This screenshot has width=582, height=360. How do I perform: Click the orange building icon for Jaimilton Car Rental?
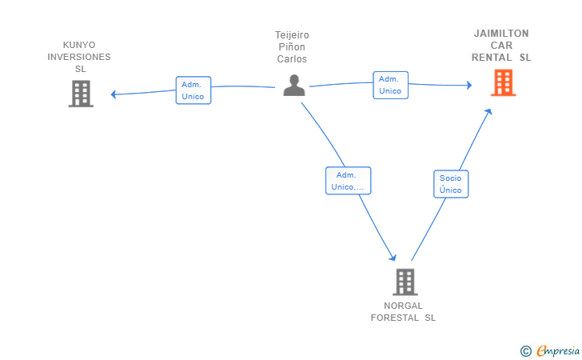click(x=504, y=82)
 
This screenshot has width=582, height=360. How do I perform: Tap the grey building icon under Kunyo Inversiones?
click(x=81, y=94)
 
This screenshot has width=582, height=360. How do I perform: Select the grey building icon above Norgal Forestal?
click(x=405, y=282)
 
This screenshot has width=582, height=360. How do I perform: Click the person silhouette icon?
click(x=294, y=86)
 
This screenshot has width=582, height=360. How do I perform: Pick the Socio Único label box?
click(x=451, y=184)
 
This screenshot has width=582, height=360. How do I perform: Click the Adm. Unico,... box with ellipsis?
click(x=349, y=181)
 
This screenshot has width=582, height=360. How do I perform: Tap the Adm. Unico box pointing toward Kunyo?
click(x=193, y=90)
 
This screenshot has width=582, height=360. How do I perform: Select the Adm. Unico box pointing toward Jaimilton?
click(x=390, y=85)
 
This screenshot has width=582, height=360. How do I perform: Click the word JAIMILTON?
click(x=501, y=34)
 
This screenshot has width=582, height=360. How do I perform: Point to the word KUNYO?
click(x=79, y=45)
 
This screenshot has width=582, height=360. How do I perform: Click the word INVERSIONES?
click(x=79, y=57)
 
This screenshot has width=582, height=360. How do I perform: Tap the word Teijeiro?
click(x=292, y=35)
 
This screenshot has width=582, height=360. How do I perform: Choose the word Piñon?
click(x=292, y=47)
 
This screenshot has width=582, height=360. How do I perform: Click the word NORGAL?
click(x=403, y=306)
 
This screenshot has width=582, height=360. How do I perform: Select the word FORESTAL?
click(x=395, y=318)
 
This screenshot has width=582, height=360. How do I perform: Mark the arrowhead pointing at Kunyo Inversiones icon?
click(x=114, y=94)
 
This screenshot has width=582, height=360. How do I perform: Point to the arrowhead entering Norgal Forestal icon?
click(x=393, y=258)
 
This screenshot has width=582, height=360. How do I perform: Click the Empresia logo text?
click(x=558, y=350)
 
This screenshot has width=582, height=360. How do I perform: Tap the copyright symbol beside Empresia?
click(x=526, y=351)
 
